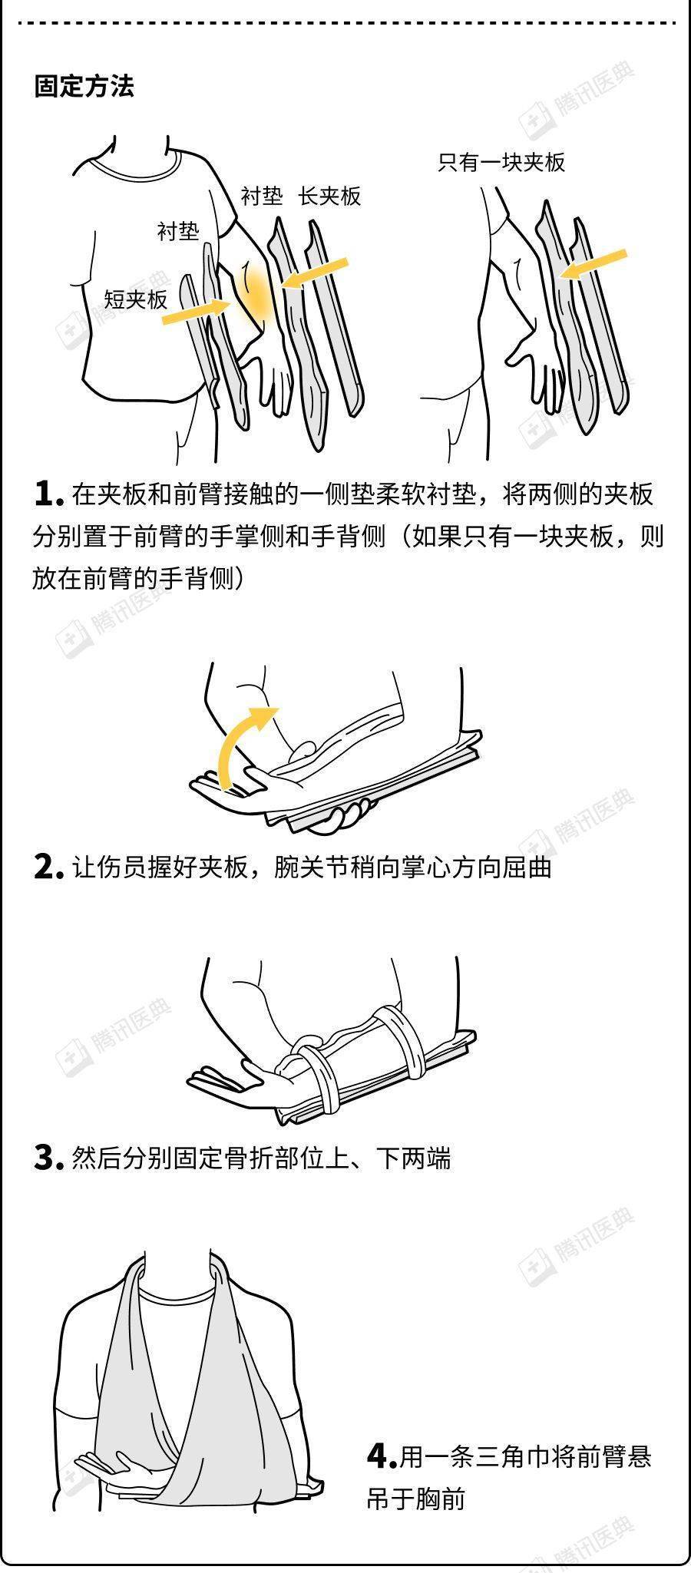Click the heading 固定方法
[x=84, y=86]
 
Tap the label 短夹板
[x=136, y=299]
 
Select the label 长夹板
[x=329, y=197]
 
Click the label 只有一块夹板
[x=501, y=162]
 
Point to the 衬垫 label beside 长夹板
[x=262, y=197]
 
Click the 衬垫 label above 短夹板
[x=178, y=231]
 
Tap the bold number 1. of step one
[x=48, y=494]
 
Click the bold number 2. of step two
[x=48, y=867]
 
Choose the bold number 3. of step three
[x=48, y=1157]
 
